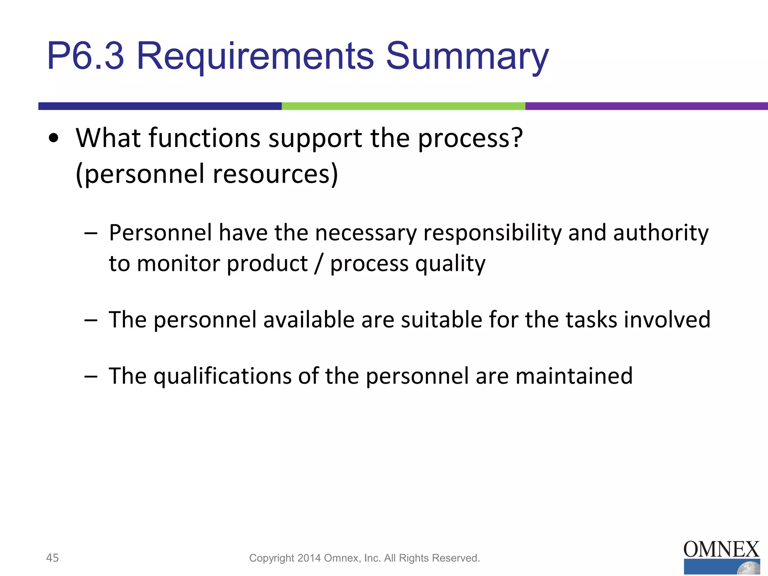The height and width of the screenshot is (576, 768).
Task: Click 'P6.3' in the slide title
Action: (85, 56)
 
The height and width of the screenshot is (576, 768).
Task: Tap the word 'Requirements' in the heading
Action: (255, 56)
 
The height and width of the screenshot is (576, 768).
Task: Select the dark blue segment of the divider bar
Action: (160, 106)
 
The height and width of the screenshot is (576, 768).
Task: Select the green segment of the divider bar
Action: (403, 106)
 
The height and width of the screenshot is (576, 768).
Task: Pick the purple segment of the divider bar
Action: (646, 106)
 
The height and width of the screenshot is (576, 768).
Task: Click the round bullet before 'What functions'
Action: (54, 138)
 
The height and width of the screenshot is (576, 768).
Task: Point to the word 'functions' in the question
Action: (204, 138)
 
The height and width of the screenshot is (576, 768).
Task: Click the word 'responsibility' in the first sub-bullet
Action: (492, 233)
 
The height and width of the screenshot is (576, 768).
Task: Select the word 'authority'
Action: (661, 233)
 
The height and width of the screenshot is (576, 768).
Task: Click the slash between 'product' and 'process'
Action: (319, 264)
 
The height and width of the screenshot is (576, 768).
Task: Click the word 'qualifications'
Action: (222, 376)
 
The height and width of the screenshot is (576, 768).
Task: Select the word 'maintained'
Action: (574, 376)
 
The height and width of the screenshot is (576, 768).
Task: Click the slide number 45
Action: (52, 558)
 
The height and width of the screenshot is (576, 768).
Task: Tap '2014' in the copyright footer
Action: (309, 558)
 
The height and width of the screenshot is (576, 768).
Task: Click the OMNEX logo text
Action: (721, 550)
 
